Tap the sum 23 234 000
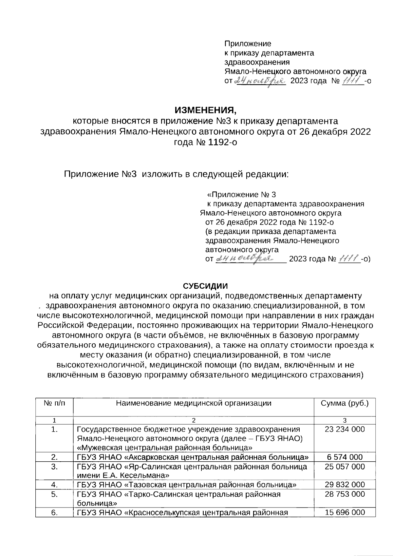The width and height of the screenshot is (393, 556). [345, 429]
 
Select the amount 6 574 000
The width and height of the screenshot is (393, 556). [345, 457]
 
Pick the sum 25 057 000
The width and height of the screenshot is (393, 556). [345, 467]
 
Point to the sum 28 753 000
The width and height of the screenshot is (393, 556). [345, 494]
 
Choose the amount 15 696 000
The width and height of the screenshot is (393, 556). [345, 513]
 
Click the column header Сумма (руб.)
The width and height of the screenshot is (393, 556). [345, 403]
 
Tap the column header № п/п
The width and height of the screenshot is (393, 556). [54, 403]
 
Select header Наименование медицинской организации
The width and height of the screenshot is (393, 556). [194, 403]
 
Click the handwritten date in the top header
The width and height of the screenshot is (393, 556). [260, 80]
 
